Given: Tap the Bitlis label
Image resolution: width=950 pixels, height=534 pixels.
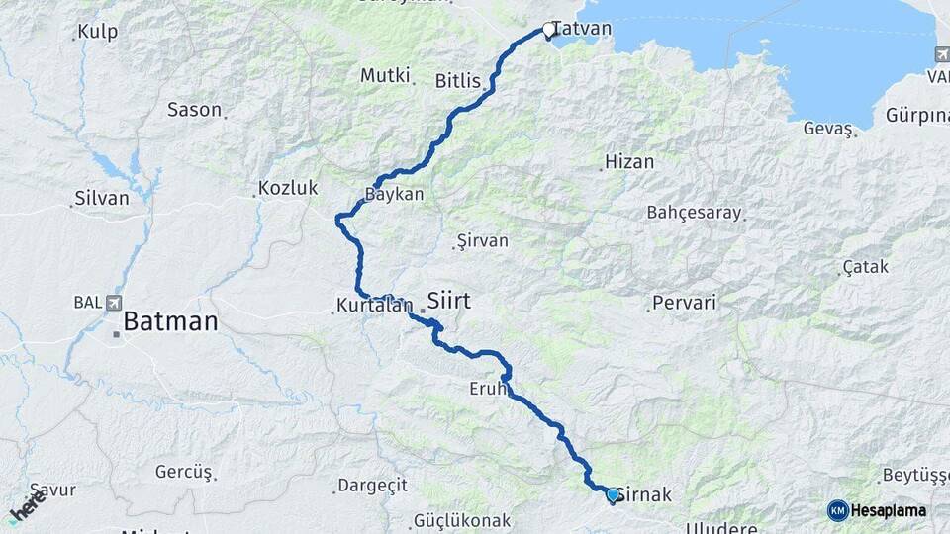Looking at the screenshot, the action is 457,81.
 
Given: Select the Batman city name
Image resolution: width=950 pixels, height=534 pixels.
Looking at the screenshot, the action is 170,322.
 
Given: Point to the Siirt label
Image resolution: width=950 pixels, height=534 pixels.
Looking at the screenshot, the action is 448,299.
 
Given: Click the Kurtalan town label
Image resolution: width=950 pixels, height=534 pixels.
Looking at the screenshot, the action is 374,307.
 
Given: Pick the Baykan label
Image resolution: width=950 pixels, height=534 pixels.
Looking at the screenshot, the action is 395,194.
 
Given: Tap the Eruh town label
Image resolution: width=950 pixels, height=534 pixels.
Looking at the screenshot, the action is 489,390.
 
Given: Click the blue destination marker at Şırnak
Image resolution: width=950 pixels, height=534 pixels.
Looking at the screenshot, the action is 613,494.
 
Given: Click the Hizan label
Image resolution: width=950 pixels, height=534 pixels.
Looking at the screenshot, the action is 628,161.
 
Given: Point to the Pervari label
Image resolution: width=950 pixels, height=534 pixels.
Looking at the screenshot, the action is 684,303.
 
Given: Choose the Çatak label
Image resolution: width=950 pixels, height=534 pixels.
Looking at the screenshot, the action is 866,267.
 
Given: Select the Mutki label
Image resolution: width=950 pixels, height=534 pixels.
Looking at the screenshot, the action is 384,75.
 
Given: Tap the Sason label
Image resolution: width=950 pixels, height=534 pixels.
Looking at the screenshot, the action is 194,110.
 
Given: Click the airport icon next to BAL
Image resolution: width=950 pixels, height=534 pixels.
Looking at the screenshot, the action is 117,303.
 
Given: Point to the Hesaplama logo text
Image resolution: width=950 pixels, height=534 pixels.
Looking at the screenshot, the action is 889,511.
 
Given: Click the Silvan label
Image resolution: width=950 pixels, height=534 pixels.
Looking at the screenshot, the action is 103,198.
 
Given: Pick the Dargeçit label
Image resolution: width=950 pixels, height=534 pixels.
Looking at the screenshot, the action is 372,485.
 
